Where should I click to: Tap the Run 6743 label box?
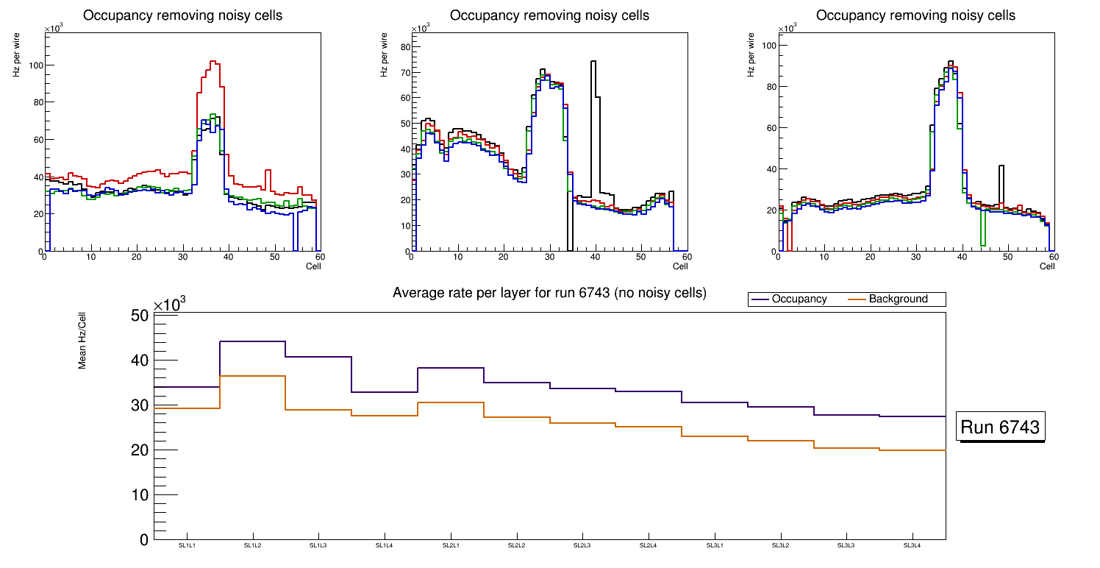pyautogui.click(x=1000, y=427)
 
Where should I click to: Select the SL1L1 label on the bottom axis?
pyautogui.click(x=187, y=545)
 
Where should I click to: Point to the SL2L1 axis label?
pyautogui.click(x=450, y=545)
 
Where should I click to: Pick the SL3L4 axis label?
pyautogui.click(x=912, y=545)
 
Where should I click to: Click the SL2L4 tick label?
pyautogui.click(x=648, y=545)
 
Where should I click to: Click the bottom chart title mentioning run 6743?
pyautogui.click(x=549, y=293)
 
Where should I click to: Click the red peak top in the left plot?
pyautogui.click(x=213, y=62)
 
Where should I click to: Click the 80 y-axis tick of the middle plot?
pyautogui.click(x=402, y=47)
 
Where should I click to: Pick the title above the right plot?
pyautogui.click(x=915, y=15)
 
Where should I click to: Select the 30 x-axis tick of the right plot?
pyautogui.click(x=915, y=258)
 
